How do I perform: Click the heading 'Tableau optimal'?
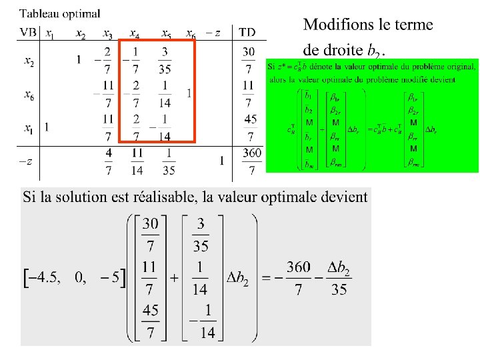click(60, 13)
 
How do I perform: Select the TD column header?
click(247, 32)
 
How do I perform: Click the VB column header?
click(28, 32)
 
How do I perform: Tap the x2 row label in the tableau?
click(29, 61)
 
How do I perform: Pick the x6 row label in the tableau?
click(29, 95)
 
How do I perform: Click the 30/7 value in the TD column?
click(248, 60)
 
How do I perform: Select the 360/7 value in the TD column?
click(251, 161)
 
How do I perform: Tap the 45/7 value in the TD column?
click(251, 127)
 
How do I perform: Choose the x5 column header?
click(166, 33)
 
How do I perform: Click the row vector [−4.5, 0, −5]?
click(74, 278)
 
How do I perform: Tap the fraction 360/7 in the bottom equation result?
click(298, 278)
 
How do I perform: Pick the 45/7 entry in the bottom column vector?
click(150, 321)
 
